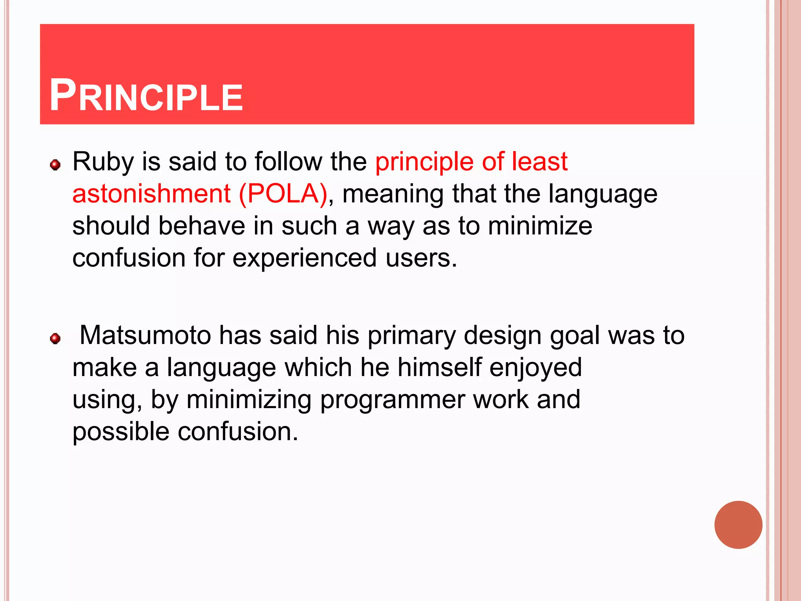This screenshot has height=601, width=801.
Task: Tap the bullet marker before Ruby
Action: tap(55, 165)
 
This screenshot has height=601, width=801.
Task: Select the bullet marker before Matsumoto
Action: tap(55, 338)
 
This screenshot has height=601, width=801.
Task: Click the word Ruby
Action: tap(103, 162)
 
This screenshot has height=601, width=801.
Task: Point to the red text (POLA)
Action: tap(283, 194)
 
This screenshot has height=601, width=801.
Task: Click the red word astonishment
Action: tap(151, 194)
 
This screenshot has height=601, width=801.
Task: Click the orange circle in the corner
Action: tap(738, 525)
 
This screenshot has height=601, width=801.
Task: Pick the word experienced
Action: tap(304, 258)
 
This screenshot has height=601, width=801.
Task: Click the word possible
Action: tap(121, 432)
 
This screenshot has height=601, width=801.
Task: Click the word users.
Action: tap(421, 258)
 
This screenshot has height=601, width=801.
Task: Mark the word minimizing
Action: tap(249, 400)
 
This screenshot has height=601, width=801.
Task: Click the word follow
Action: tap(288, 162)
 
